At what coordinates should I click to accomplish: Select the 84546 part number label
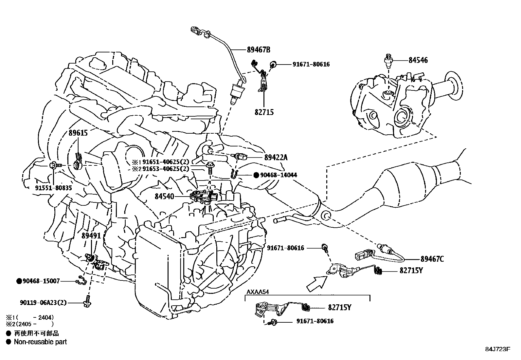point(418,60)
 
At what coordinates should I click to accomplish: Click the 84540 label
point(165,197)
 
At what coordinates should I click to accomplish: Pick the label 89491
point(91,236)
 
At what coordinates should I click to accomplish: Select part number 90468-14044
point(278,175)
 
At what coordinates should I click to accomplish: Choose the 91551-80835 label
point(53,188)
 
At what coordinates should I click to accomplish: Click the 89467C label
point(432,259)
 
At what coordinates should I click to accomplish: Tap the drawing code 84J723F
point(497,349)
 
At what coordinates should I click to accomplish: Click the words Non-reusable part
point(40,342)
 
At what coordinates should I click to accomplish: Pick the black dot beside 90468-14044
point(256,175)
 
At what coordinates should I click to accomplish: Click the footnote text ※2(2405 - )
point(29,324)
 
